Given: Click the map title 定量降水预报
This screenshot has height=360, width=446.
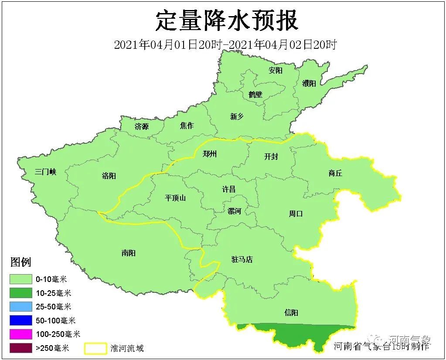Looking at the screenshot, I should (227, 20).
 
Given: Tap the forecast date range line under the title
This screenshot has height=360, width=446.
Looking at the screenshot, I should (225, 45).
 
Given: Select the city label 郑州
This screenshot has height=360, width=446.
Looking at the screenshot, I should (210, 154).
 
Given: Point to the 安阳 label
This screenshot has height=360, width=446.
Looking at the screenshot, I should (275, 70).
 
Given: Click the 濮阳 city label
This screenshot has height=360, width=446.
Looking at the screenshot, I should (309, 83).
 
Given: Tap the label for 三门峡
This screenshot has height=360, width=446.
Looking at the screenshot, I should (46, 172).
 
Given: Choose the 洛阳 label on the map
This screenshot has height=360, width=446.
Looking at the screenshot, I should (109, 176).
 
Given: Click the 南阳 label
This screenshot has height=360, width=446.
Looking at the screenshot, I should (128, 253).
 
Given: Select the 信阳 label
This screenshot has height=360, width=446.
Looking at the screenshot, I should (291, 312).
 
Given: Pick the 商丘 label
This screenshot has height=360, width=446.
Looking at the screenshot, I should (335, 173).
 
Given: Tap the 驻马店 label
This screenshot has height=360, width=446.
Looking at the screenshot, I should (242, 259).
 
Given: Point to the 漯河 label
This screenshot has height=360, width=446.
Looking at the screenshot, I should (234, 211).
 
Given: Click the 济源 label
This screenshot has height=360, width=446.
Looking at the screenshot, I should (141, 127).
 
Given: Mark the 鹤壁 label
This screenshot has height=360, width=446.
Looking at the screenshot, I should (255, 94).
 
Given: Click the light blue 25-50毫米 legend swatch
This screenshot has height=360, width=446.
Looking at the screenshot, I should (21, 307).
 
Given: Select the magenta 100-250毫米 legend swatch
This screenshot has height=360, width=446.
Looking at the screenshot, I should (21, 334).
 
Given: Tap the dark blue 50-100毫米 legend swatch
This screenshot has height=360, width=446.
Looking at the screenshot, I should (21, 320).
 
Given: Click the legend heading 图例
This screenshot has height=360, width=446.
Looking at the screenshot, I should (21, 262).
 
